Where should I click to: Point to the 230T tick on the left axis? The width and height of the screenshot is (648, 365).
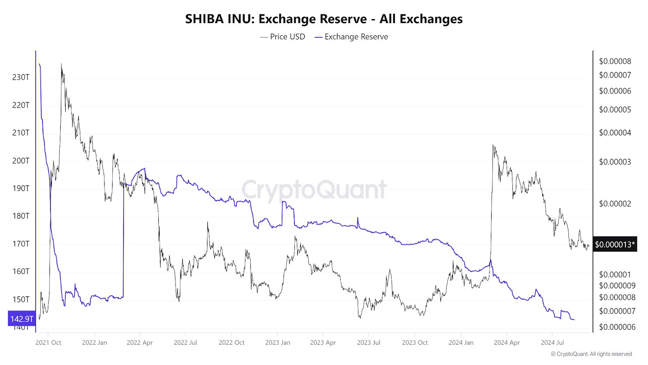point(21,77)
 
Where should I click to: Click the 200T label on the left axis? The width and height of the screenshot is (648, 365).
point(21,161)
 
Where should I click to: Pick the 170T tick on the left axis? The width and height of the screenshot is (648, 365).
point(21,244)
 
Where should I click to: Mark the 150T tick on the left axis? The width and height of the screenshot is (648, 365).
point(21,299)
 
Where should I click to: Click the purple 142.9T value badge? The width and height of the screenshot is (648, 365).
point(22,319)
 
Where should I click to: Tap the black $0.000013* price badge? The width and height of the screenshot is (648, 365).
point(615,245)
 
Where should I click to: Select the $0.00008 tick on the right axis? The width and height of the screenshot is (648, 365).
point(615,61)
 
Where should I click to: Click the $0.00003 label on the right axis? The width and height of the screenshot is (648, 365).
point(615,162)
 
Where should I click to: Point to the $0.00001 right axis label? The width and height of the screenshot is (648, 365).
point(615,275)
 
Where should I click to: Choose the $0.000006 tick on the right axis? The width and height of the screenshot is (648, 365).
point(617,327)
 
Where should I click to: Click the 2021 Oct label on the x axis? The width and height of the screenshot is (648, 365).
point(48,343)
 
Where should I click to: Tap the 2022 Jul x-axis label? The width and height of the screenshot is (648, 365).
point(185,343)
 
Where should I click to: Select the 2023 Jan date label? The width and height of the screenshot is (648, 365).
point(277,343)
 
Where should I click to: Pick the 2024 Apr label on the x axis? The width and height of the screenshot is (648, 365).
point(507,343)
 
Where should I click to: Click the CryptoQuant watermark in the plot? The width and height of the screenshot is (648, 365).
point(314,189)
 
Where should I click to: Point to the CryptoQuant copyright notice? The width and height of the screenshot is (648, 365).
point(591,354)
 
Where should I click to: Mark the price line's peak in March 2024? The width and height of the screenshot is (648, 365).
point(493,145)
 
